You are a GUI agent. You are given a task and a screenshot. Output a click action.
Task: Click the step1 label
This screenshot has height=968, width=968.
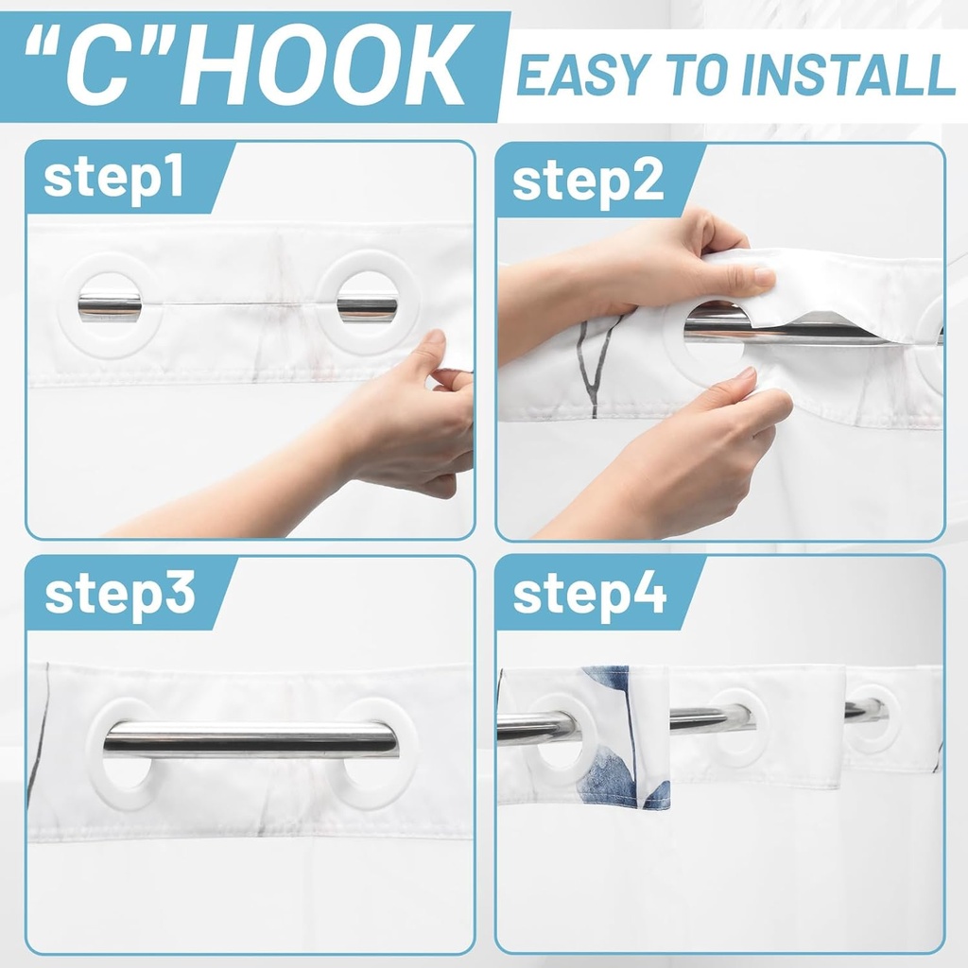point(113,179)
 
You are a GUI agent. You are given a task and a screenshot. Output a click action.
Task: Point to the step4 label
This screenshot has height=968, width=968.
point(589,594)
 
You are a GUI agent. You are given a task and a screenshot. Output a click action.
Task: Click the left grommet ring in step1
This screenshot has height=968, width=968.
point(109,304)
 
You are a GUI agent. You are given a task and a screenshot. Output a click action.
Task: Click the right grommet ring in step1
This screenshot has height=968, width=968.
point(366,304)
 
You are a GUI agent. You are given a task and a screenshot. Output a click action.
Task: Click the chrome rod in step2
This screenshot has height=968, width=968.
point(794,331)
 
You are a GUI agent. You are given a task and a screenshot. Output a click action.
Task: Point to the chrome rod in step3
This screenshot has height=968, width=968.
point(251,739)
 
